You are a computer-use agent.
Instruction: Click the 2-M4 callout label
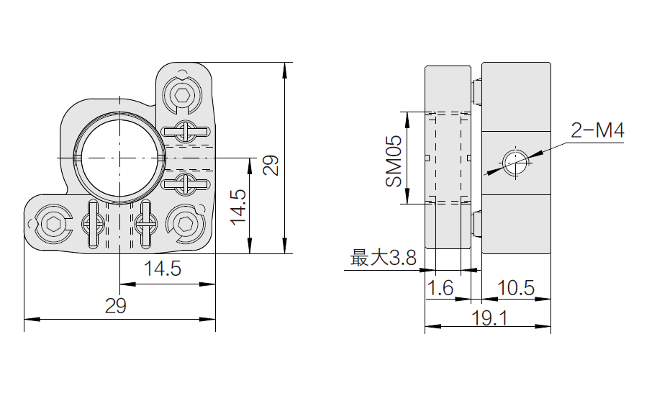(x=597, y=131)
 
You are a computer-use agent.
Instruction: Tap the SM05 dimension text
(x=393, y=163)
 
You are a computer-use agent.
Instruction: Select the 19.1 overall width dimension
(x=488, y=318)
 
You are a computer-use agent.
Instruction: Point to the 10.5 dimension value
(x=516, y=289)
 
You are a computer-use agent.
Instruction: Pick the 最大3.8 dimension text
(x=383, y=258)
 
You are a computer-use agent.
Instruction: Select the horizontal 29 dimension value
(x=115, y=306)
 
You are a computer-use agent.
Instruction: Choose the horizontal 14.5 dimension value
(x=161, y=269)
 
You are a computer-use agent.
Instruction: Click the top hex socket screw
(x=183, y=93)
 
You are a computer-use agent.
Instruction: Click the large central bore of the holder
(x=117, y=157)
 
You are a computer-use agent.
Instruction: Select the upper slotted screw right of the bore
(x=186, y=131)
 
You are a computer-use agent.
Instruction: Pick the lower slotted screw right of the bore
(x=186, y=184)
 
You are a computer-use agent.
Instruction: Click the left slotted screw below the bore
(x=93, y=223)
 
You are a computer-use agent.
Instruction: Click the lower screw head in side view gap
(x=476, y=224)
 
